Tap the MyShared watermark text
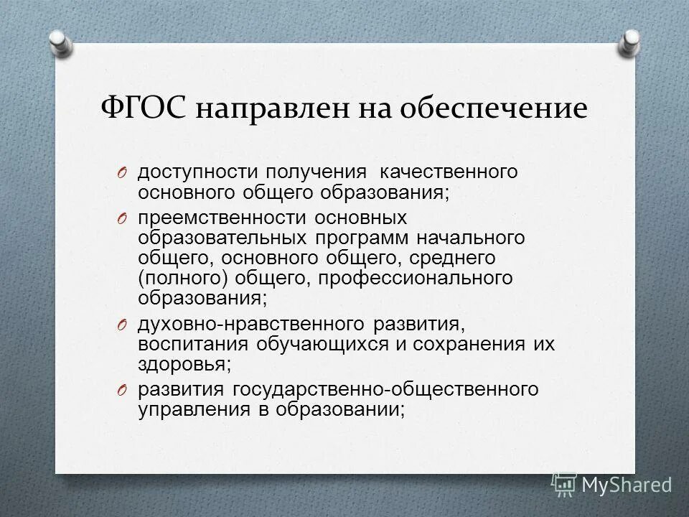tap(627, 485)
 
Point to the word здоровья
tap(184, 364)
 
